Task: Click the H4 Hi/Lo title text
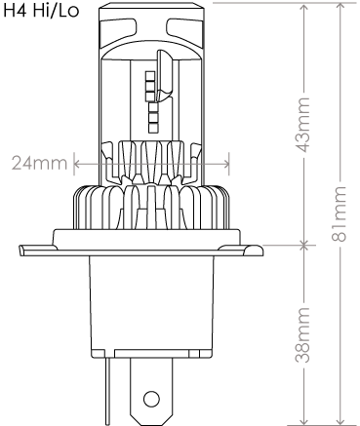tap(41, 11)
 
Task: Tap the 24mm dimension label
tap(39, 163)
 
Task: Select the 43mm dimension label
tap(302, 125)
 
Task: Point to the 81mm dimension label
tap(339, 213)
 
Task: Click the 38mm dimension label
tap(302, 334)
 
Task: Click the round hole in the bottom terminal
tap(152, 399)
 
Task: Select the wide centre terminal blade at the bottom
tap(151, 391)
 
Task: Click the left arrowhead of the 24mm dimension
tap(77, 164)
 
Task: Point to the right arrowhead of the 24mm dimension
tap(226, 164)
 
